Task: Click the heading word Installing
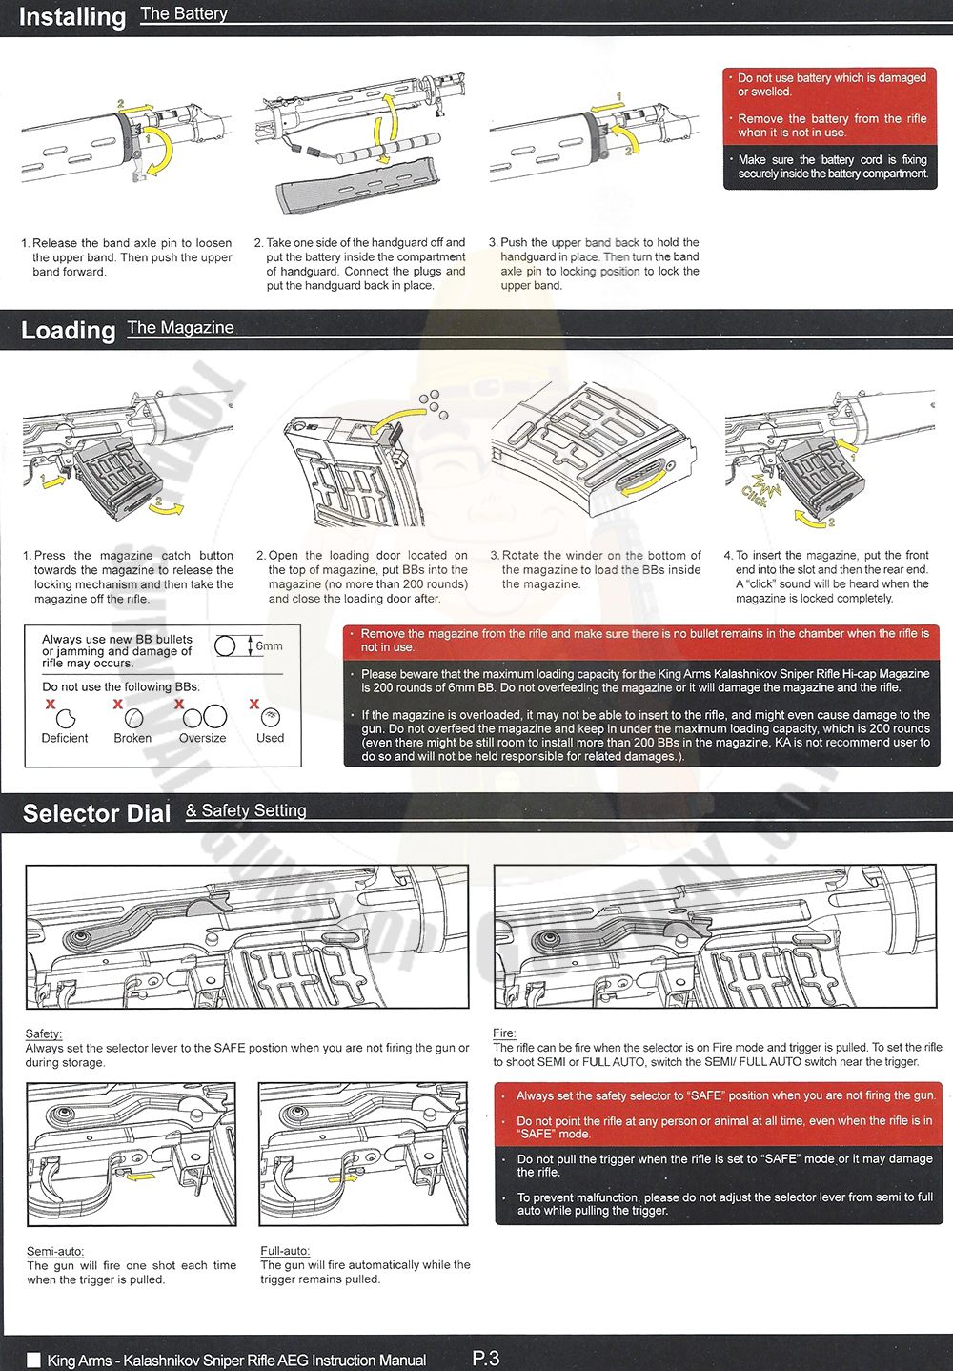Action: (x=72, y=17)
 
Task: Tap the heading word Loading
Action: (x=68, y=330)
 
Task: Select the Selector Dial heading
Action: (x=96, y=813)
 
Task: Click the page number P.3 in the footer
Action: (x=485, y=1359)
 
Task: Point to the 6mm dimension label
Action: (x=269, y=646)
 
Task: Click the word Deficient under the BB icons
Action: (x=65, y=738)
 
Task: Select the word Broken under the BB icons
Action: (x=132, y=738)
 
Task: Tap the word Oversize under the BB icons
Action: (x=202, y=738)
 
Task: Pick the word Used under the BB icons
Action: (x=270, y=738)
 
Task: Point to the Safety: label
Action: (x=44, y=1033)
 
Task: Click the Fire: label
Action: (x=504, y=1033)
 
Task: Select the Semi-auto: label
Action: (x=55, y=1251)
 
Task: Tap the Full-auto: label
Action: (x=285, y=1251)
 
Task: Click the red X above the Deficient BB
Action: (x=51, y=704)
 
